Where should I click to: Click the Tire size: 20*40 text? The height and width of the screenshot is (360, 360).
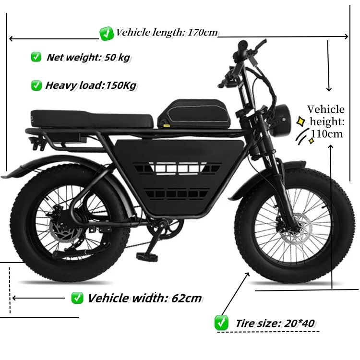tap(275, 323)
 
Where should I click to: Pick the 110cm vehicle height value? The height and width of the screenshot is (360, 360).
tap(326, 133)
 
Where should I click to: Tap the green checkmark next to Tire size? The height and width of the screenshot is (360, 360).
tap(221, 322)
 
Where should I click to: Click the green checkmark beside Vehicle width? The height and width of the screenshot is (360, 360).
tap(77, 298)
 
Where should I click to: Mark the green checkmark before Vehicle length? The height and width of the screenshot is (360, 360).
tap(106, 33)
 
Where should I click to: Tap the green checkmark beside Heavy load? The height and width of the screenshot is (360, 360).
tap(36, 85)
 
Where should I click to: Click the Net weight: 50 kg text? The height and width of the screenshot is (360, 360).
tap(88, 58)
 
